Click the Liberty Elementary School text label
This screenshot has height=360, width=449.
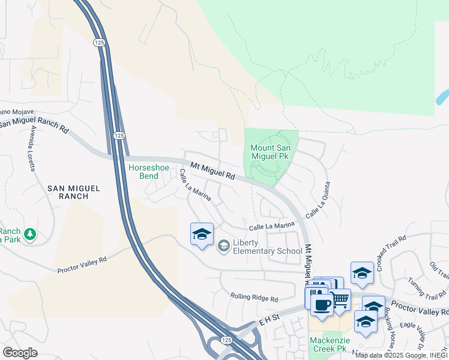(267, 247)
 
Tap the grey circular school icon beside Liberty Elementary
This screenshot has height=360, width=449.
(223, 245)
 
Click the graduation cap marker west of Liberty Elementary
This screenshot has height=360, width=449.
(202, 233)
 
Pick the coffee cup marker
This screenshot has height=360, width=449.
(322, 305)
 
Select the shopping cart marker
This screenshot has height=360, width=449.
(340, 299)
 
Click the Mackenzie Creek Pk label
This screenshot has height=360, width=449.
(329, 343)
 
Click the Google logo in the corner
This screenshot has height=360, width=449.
(20, 352)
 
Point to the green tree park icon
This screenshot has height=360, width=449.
(28, 233)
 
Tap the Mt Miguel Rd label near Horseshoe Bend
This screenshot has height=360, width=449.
(212, 170)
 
